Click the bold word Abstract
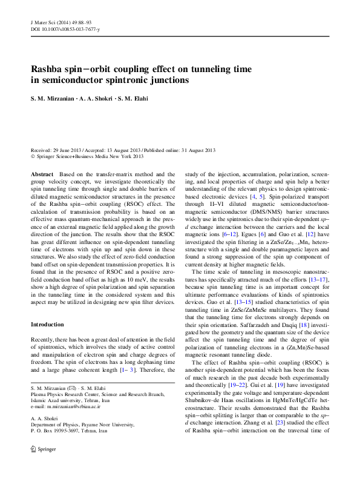[42, 174]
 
